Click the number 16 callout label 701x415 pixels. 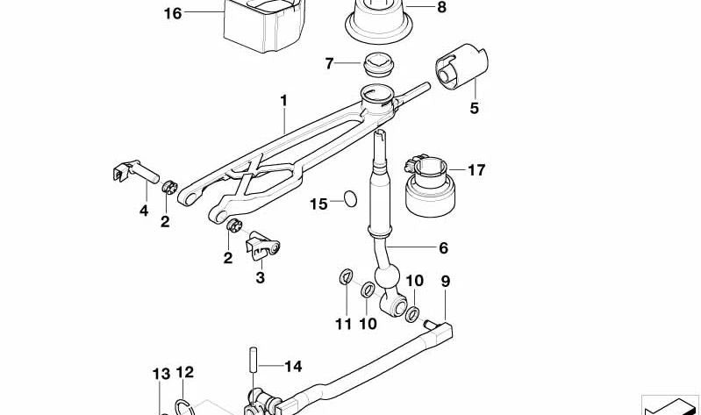tap(173, 13)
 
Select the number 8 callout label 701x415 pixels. tap(440, 8)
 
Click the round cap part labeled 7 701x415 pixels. tap(376, 64)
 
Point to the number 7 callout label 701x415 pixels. tap(330, 63)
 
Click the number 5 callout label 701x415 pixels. tap(475, 109)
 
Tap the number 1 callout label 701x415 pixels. tap(284, 101)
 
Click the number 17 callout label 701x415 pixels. tap(476, 170)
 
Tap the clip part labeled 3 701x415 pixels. tap(264, 247)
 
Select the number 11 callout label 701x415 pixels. tap(343, 323)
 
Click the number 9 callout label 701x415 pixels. tap(446, 281)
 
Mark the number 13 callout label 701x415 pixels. tap(160, 375)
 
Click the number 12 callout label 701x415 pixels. tap(184, 372)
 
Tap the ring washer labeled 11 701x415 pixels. tap(345, 279)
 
